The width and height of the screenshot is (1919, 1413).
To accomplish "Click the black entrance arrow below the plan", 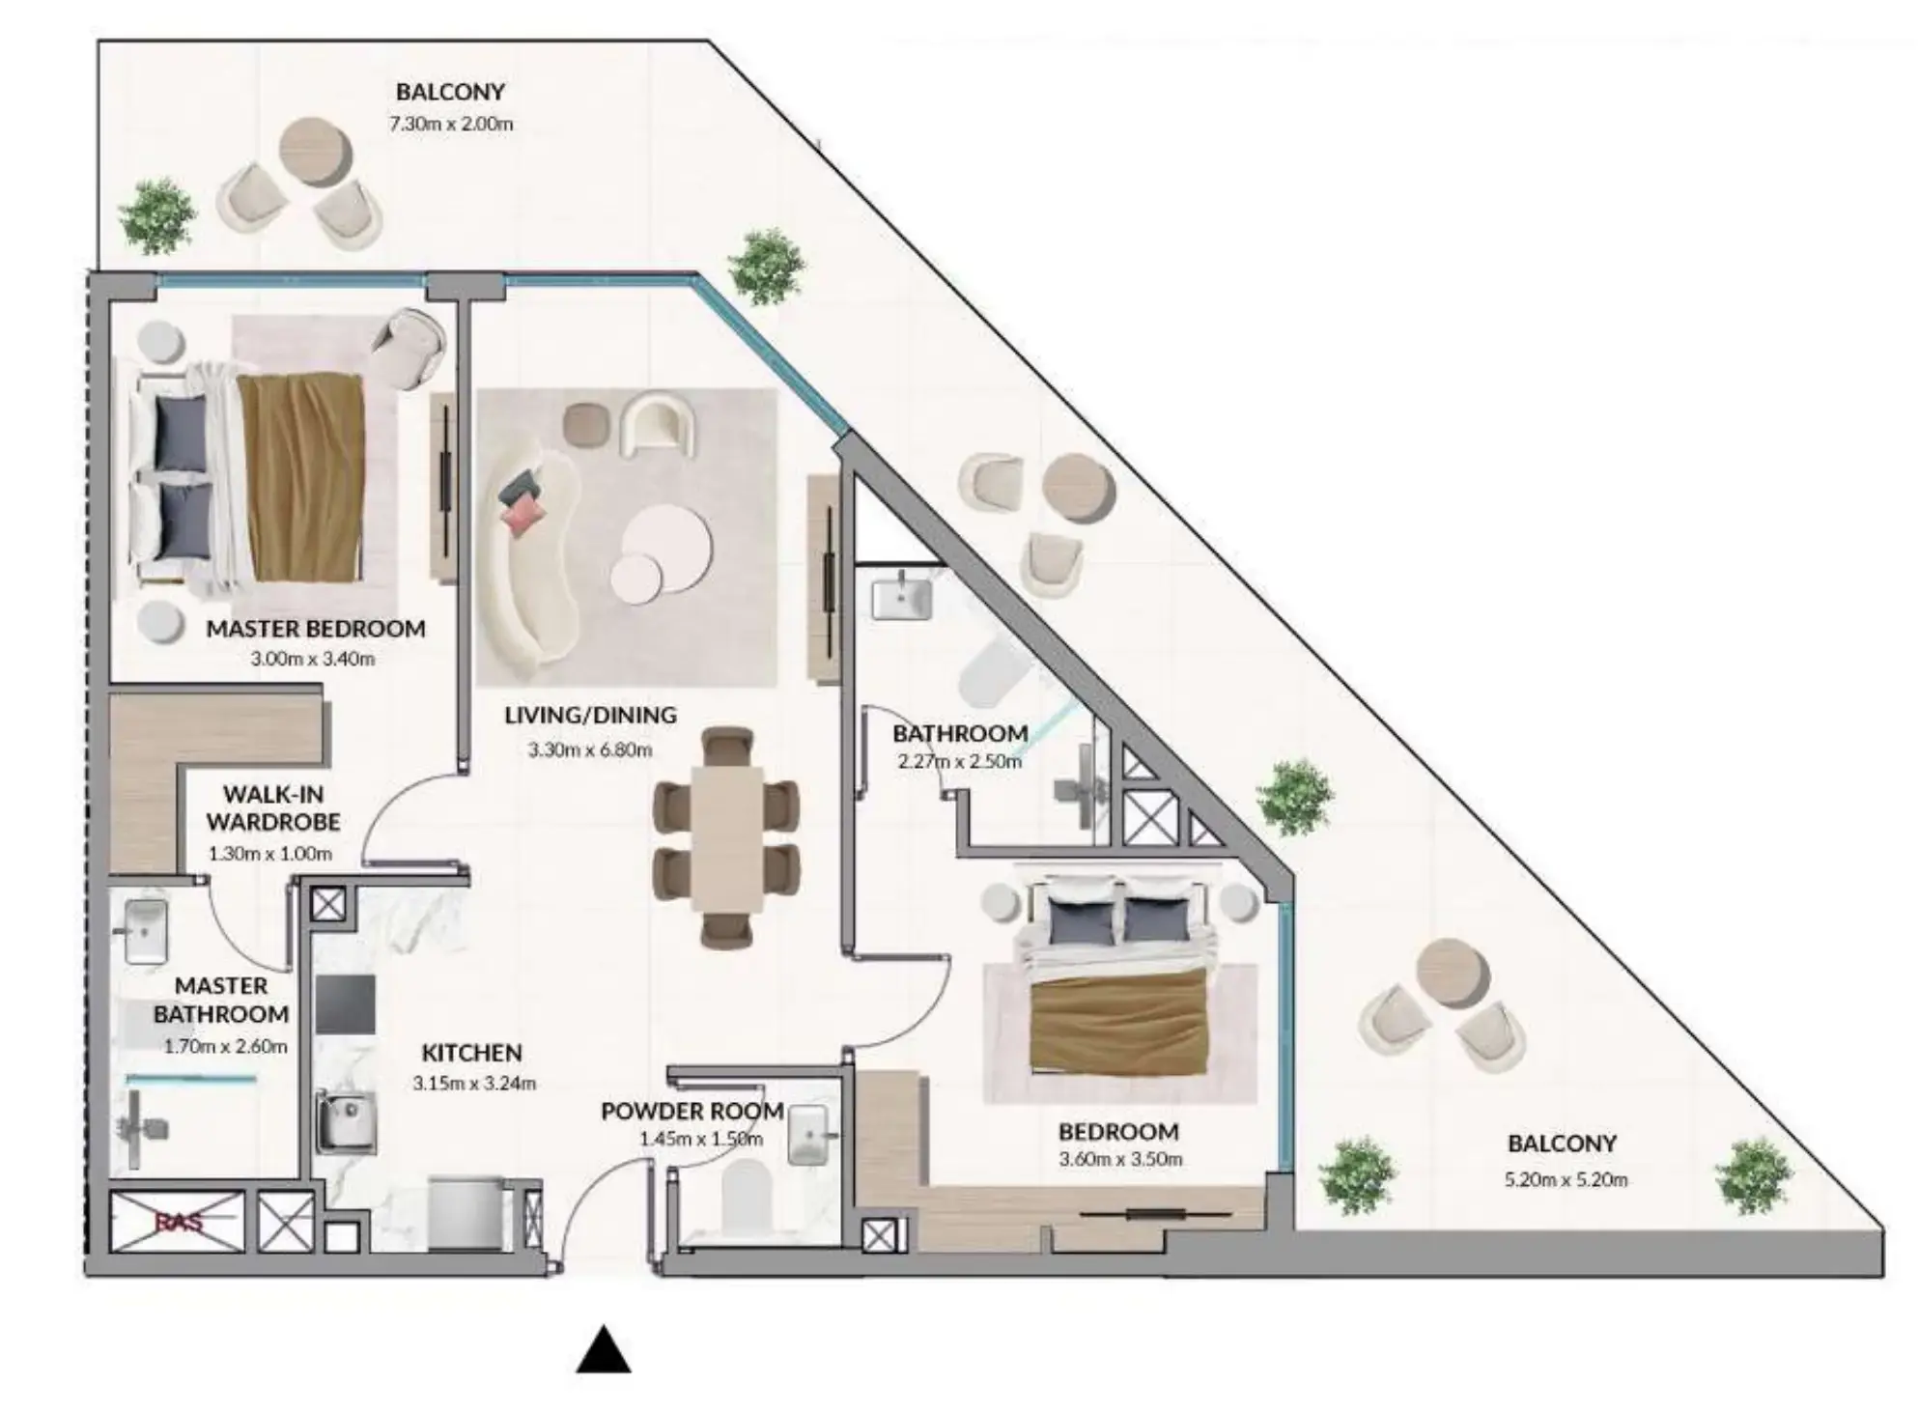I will pos(604,1350).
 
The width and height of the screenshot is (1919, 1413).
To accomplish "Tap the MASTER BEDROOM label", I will pos(316,629).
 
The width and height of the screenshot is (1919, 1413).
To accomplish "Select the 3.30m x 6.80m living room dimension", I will pos(589,749).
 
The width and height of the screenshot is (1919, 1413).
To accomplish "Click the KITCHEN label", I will pos(471,1053).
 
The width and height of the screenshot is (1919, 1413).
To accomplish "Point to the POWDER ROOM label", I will pos(691,1111).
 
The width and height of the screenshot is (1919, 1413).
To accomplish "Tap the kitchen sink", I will pos(345,1121).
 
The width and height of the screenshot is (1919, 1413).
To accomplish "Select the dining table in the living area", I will pos(726,837).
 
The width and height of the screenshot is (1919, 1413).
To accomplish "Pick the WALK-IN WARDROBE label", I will pos(273,808).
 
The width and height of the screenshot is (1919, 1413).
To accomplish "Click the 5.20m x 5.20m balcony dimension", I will pos(1566,1179).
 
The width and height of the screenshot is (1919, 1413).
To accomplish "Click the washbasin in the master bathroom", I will pos(146,931).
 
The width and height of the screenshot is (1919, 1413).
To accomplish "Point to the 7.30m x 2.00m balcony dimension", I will pos(451,124).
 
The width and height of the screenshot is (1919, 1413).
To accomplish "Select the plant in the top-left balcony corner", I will pos(156,215).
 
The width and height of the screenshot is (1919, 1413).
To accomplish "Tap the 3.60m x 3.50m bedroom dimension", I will pos(1119,1159).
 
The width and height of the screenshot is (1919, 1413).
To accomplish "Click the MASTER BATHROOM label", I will pos(221,1000).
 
